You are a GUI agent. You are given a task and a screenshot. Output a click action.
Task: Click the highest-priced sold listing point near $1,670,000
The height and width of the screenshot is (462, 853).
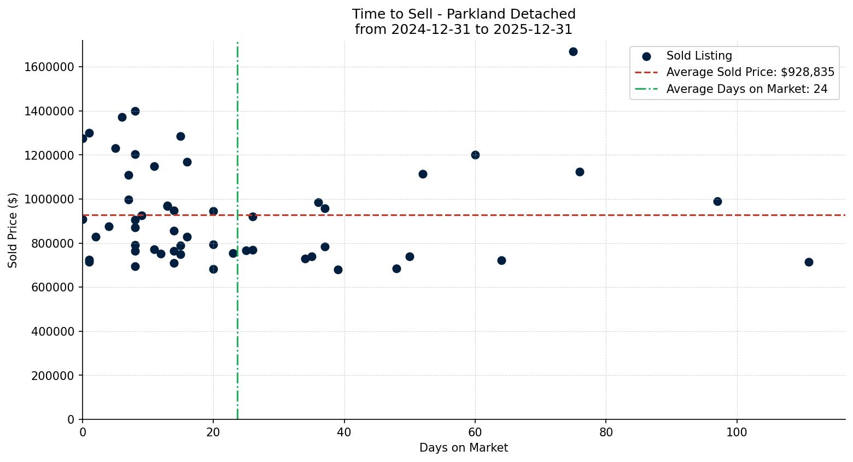coord(573,51)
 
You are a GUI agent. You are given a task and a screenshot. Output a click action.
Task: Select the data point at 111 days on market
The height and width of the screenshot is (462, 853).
coord(809,262)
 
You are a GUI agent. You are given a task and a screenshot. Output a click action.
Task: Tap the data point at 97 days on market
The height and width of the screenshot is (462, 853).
coord(717,201)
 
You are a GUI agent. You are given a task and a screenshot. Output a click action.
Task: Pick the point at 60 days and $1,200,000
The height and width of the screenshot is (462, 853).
coord(475,155)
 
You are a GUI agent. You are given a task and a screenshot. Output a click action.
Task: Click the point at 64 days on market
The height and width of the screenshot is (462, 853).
coord(501,260)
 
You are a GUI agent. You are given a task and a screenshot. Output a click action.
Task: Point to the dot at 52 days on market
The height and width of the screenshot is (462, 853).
coord(423,174)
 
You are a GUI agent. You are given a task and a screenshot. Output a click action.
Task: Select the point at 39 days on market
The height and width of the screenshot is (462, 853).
coord(338,270)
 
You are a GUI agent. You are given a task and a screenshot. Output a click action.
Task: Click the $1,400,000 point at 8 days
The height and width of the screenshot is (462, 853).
coord(135,111)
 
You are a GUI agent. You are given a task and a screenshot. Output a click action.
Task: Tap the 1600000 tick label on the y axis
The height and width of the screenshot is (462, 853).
coord(49,67)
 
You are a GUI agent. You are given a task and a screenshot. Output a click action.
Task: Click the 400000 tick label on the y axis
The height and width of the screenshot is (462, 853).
coord(52,331)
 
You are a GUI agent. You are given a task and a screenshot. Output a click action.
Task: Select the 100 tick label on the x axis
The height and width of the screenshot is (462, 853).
coord(737,432)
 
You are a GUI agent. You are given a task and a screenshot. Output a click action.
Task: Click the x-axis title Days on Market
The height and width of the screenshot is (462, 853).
coord(464,448)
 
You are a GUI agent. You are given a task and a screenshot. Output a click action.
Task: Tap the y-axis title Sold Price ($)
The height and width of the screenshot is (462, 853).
coord(13,230)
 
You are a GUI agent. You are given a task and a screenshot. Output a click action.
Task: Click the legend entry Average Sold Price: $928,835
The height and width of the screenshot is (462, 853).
coord(750,72)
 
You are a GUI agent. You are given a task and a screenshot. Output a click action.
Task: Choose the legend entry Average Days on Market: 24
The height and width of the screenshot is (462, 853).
coord(746,89)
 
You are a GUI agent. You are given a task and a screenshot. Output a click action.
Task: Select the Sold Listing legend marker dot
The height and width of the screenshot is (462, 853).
coord(646,56)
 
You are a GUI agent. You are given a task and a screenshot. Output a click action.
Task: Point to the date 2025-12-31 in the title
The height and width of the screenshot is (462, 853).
coord(533,30)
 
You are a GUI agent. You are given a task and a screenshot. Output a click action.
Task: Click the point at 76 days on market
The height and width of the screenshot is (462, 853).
coord(580,172)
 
